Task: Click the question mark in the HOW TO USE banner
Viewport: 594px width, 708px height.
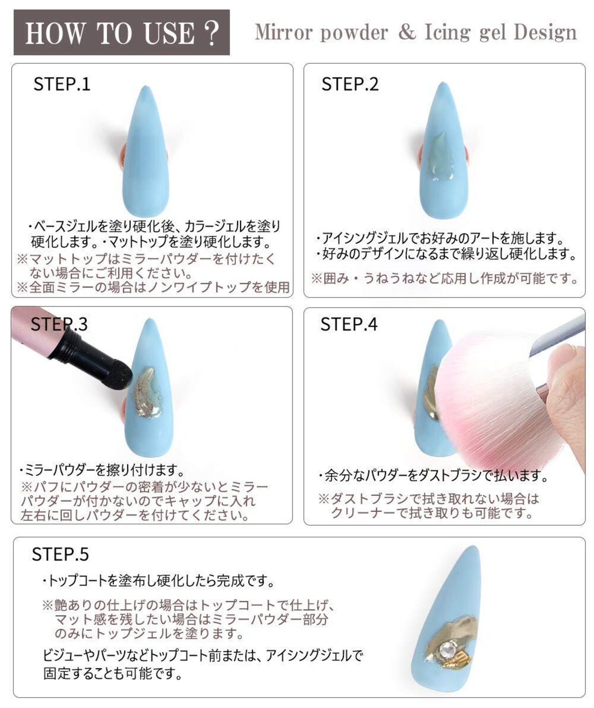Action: click(212, 33)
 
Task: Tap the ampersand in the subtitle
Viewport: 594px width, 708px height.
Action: click(406, 32)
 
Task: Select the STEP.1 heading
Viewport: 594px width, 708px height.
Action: click(62, 84)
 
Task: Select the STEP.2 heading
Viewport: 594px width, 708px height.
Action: click(350, 84)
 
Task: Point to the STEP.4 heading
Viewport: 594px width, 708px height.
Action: click(349, 324)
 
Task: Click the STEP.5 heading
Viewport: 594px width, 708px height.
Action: click(60, 554)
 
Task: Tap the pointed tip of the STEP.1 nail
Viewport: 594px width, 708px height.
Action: click(146, 86)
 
